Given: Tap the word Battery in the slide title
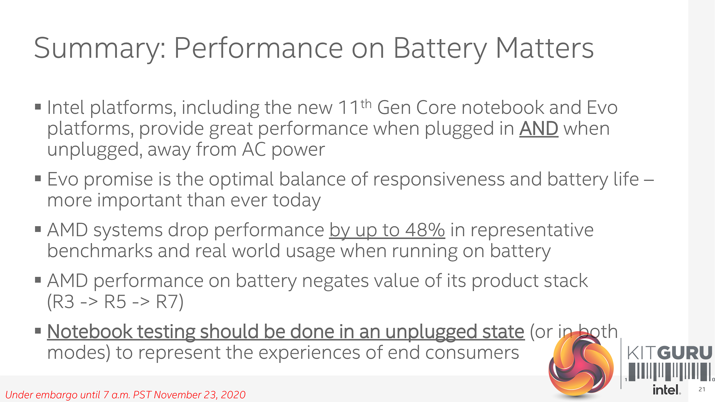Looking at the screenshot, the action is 440,49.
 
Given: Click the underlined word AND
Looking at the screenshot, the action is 539,128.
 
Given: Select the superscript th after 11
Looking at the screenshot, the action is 366,104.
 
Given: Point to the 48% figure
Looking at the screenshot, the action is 425,230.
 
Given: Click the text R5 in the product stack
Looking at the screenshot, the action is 115,301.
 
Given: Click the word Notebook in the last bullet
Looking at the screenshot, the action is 90,331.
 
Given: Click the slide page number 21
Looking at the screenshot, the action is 702,389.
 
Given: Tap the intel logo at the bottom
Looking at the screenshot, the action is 666,389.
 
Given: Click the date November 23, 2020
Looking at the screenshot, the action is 199,395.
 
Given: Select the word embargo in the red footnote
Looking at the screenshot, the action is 57,395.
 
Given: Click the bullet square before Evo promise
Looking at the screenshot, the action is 38,179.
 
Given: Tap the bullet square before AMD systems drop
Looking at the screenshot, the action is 38,229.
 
